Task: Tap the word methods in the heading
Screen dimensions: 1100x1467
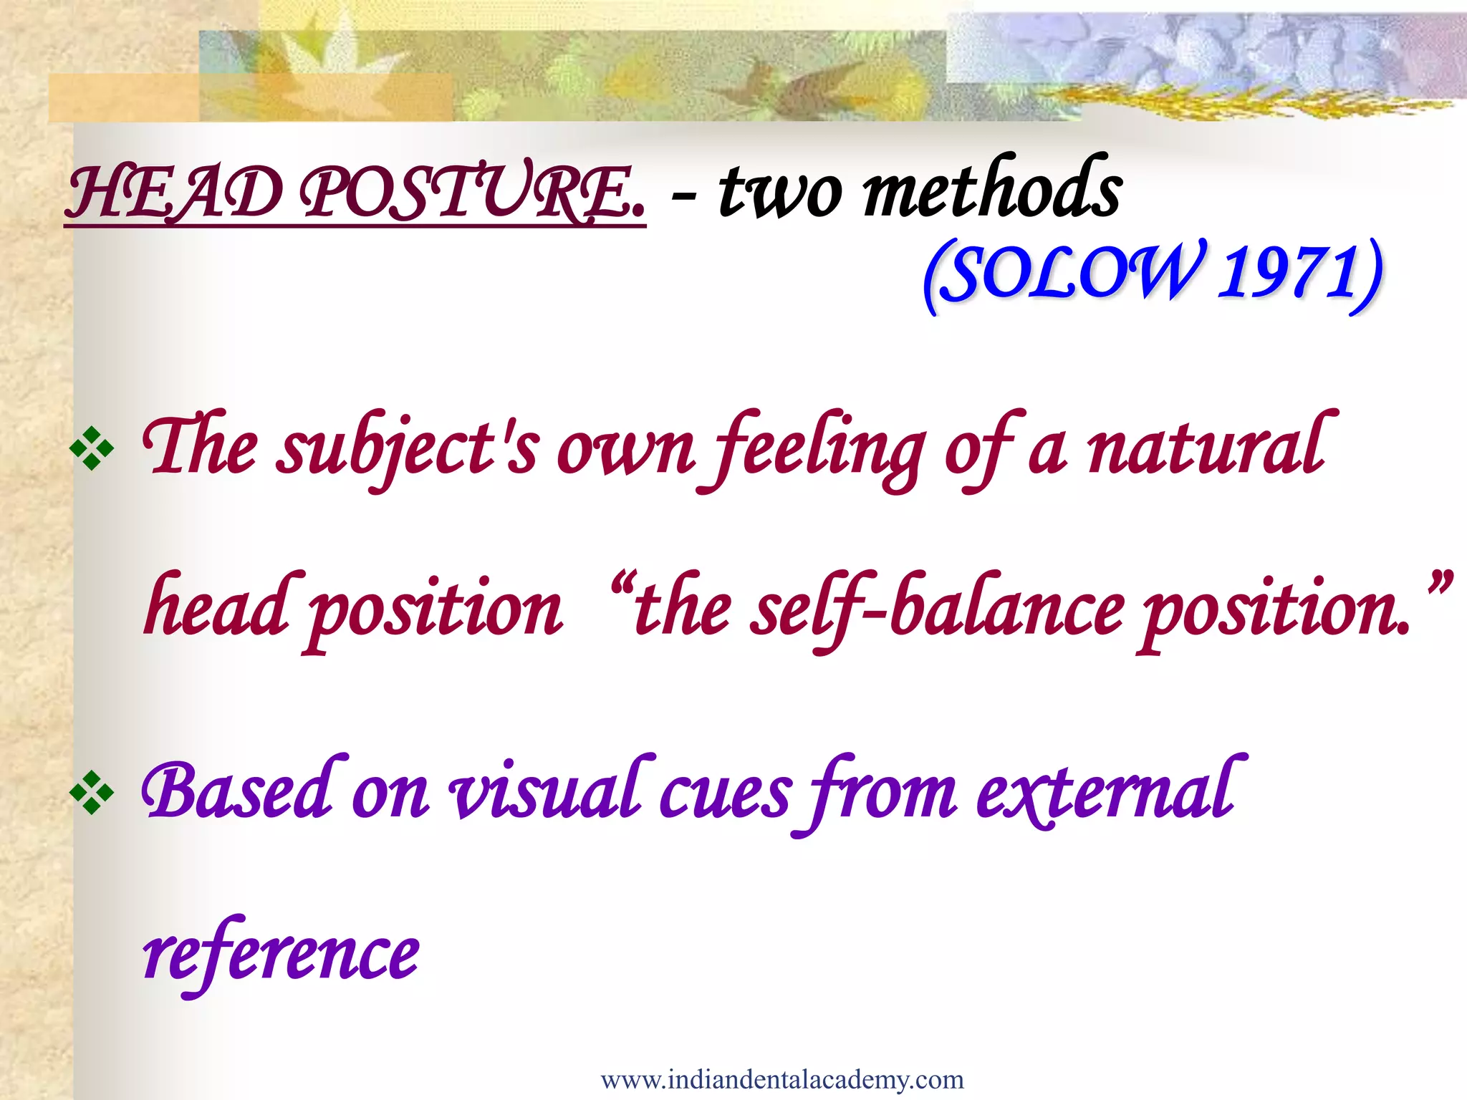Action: (992, 190)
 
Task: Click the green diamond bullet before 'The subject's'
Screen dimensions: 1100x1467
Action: (92, 449)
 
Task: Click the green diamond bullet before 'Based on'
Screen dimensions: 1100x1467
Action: (92, 793)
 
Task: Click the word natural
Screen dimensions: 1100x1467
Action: (1211, 448)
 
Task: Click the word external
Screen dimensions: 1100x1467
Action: (1107, 791)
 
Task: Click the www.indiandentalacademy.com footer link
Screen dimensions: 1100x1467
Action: (782, 1079)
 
